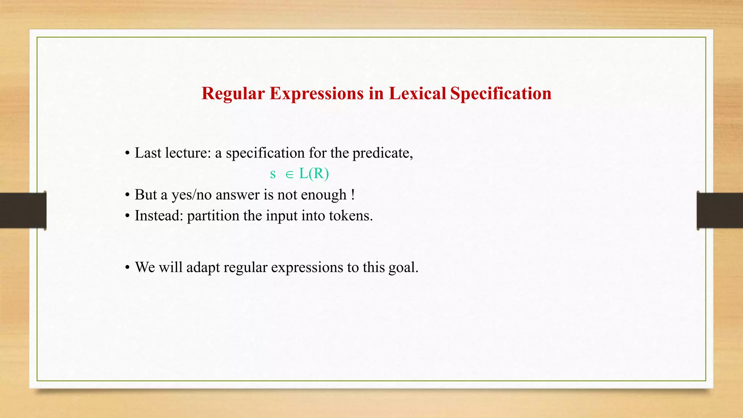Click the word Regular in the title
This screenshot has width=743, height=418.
pyautogui.click(x=233, y=94)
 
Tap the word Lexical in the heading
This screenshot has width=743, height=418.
pyautogui.click(x=417, y=94)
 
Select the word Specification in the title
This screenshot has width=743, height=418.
pyautogui.click(x=501, y=94)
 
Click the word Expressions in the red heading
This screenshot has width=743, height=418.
pyautogui.click(x=316, y=94)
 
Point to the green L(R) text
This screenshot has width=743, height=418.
pyautogui.click(x=314, y=174)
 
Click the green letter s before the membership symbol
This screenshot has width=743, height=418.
pyautogui.click(x=273, y=175)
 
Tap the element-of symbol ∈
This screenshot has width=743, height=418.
pyautogui.click(x=289, y=175)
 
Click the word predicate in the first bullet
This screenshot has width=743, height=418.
pyautogui.click(x=382, y=153)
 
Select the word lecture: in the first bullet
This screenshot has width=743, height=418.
pyautogui.click(x=188, y=153)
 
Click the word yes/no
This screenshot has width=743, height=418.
pyautogui.click(x=191, y=195)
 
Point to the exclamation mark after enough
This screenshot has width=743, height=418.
pyautogui.click(x=353, y=194)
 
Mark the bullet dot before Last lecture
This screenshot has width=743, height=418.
pyautogui.click(x=127, y=153)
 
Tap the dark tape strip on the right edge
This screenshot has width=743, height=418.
pyautogui.click(x=720, y=210)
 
